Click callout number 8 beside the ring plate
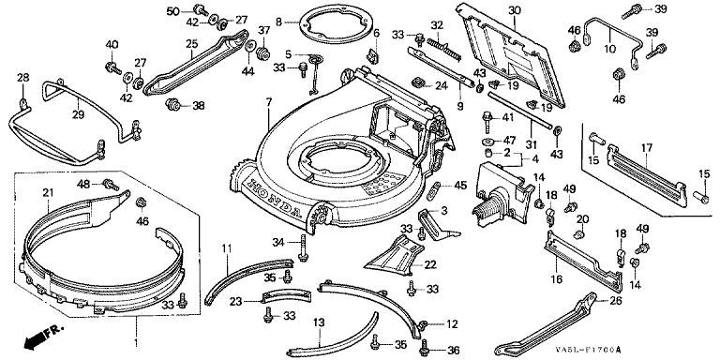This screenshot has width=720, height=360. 278,21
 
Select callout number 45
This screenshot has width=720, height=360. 460,186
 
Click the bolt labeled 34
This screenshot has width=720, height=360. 302,248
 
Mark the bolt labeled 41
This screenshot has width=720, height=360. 487,119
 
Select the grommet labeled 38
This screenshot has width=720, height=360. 172,104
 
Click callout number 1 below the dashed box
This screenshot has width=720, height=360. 135,342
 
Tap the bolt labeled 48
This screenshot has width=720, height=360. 111,185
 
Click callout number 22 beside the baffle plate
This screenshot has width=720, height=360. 430,264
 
